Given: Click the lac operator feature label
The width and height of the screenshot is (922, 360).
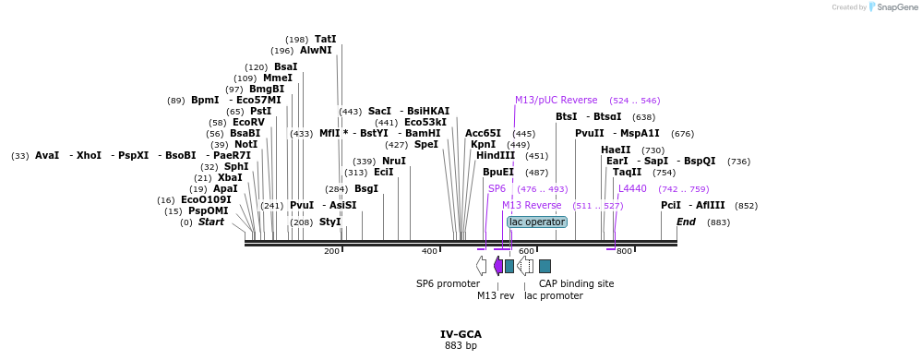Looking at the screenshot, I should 537,222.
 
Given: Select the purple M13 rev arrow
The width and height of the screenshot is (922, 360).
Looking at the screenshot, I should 498,266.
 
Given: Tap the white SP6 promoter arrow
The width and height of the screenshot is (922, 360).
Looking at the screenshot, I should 482,266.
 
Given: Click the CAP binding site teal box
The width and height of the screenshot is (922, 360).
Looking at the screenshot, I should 545,266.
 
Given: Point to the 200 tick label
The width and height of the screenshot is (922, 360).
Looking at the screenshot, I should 331,251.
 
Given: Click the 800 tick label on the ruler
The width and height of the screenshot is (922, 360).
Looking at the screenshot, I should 624,251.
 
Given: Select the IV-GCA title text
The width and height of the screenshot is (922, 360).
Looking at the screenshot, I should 461,334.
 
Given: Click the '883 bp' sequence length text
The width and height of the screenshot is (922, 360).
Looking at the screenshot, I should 461,346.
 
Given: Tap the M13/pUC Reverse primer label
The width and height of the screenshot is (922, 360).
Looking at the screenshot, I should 556,100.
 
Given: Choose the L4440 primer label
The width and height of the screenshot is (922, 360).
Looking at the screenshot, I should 632,188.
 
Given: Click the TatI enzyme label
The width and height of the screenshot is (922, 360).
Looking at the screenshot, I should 325,39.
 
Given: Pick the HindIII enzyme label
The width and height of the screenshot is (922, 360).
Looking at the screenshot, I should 496,155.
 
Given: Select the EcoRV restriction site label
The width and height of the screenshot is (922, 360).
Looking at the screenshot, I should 248,122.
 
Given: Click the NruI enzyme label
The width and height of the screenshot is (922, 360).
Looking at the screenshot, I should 393,161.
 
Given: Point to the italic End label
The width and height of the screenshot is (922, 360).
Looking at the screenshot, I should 686,222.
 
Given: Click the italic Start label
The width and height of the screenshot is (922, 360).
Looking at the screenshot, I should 210,222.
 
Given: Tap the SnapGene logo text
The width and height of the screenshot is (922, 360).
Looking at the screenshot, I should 895,7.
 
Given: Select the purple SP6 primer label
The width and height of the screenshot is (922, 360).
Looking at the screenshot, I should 497,188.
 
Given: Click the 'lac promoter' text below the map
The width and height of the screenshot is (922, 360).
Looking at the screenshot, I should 553,295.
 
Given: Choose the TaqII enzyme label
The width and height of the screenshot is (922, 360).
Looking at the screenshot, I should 627,172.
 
